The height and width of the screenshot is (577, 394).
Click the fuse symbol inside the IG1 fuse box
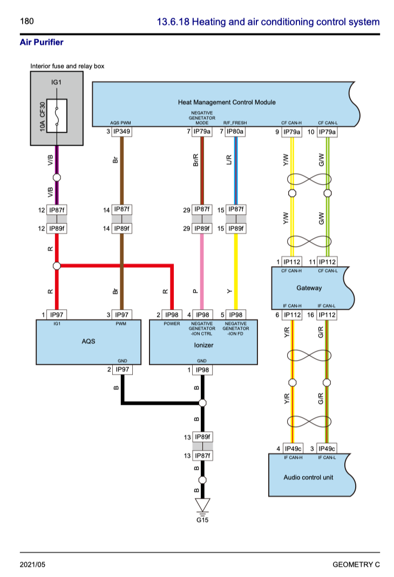point(57,115)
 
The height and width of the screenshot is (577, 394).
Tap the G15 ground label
point(202,520)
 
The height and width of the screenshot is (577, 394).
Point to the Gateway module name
point(309,288)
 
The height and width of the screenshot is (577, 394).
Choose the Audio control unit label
point(308,477)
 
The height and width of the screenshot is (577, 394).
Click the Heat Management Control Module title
point(227,102)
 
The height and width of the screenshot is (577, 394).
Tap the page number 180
point(27,22)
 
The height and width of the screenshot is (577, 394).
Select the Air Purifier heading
point(42,42)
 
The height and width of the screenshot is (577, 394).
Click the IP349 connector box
point(122,132)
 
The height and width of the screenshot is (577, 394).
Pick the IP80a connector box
point(235,132)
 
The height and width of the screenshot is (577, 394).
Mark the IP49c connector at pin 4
point(293,449)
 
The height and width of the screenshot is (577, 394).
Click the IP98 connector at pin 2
point(172,315)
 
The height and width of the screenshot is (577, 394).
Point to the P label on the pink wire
point(195,291)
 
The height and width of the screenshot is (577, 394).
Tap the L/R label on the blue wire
point(229,160)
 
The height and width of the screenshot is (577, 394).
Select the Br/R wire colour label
point(195,160)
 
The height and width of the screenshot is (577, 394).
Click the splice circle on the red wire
point(57,266)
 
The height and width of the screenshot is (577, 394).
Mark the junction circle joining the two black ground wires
point(202,403)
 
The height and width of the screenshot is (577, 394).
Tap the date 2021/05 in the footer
point(32,565)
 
